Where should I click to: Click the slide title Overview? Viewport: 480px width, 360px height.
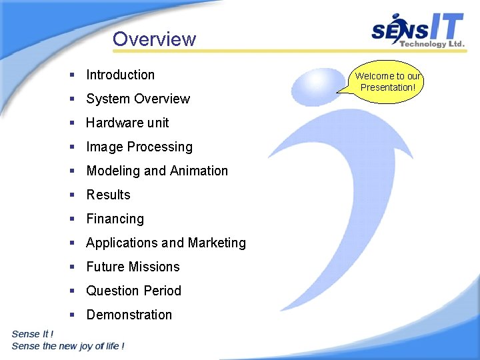pyautogui.click(x=154, y=39)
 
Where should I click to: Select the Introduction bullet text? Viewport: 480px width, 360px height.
pyautogui.click(x=120, y=75)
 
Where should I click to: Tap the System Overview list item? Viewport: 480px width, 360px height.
pyautogui.click(x=138, y=99)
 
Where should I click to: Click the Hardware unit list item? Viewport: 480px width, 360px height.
pyautogui.click(x=127, y=123)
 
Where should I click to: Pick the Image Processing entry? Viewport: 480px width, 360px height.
pyautogui.click(x=139, y=147)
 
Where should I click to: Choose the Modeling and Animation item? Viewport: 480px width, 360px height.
pyautogui.click(x=157, y=171)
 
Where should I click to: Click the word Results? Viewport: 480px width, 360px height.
pyautogui.click(x=108, y=195)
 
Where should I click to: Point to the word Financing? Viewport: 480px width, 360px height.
pyautogui.click(x=115, y=219)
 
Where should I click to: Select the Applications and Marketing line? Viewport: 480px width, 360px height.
pyautogui.click(x=166, y=243)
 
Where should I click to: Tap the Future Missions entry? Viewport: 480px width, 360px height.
pyautogui.click(x=133, y=267)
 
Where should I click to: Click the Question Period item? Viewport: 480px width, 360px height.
pyautogui.click(x=133, y=291)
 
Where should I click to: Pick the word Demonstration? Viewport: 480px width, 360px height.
pyautogui.click(x=129, y=315)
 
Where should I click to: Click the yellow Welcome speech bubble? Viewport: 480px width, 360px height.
pyautogui.click(x=387, y=81)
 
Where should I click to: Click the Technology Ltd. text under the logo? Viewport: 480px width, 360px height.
pyautogui.click(x=431, y=44)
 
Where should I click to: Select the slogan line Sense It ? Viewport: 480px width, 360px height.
pyautogui.click(x=33, y=334)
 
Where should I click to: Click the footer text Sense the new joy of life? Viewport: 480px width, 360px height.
pyautogui.click(x=68, y=346)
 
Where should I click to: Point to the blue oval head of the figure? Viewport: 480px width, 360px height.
pyautogui.click(x=318, y=87)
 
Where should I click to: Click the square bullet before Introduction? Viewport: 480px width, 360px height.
pyautogui.click(x=71, y=75)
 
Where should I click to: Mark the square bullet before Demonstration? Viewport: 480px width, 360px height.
pyautogui.click(x=71, y=315)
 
